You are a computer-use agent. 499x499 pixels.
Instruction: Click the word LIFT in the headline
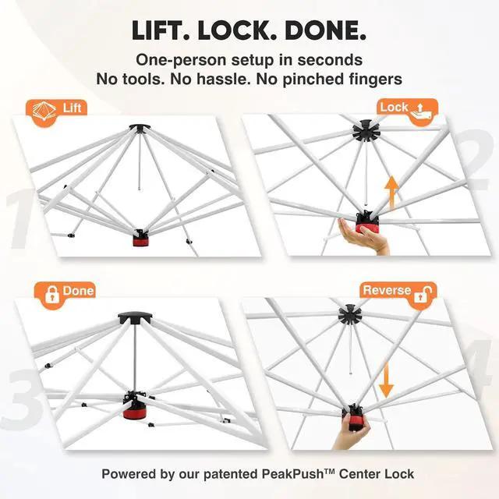pyautogui.click(x=161, y=30)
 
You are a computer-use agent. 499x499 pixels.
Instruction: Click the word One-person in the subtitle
pyautogui.click(x=181, y=60)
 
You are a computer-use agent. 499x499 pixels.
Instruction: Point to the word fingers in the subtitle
pyautogui.click(x=374, y=80)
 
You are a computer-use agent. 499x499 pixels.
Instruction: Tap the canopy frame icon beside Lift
pyautogui.click(x=44, y=111)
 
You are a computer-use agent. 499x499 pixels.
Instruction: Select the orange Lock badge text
pyautogui.click(x=394, y=108)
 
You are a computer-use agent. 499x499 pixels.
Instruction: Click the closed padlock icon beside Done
pyautogui.click(x=52, y=295)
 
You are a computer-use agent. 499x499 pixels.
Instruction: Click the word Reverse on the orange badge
pyautogui.click(x=387, y=290)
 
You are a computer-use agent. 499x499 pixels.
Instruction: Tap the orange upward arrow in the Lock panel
pyautogui.click(x=391, y=193)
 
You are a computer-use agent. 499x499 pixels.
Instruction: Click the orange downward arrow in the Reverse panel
pyautogui.click(x=386, y=380)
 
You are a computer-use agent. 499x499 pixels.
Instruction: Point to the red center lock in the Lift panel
pyautogui.click(x=140, y=239)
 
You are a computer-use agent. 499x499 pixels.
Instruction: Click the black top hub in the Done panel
pyautogui.click(x=135, y=318)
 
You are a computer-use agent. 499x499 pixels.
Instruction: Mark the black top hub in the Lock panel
pyautogui.click(x=366, y=131)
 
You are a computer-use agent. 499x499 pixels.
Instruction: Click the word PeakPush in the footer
pyautogui.click(x=293, y=474)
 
